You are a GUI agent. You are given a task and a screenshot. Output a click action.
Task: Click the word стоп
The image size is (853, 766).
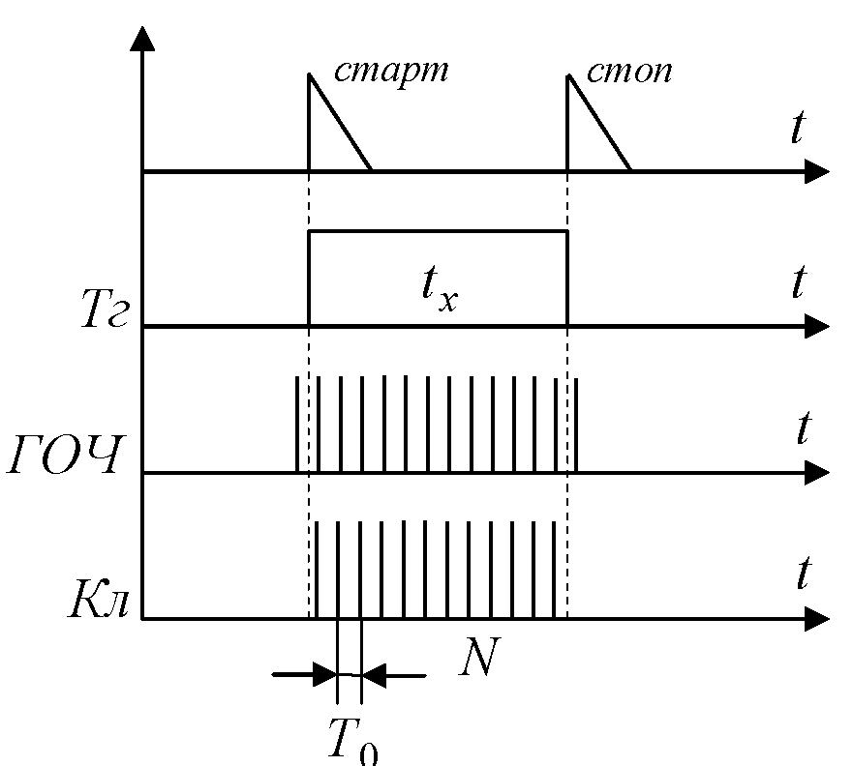629,72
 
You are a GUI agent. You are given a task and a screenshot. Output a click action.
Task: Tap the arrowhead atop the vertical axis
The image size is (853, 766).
142,40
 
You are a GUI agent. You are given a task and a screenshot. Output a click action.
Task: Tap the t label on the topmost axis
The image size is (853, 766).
797,131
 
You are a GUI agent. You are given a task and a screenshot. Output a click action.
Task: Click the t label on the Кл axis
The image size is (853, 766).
802,574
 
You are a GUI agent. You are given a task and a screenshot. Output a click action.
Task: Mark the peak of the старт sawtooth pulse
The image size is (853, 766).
309,74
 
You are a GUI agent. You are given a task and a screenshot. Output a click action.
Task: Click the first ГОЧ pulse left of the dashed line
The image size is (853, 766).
296,426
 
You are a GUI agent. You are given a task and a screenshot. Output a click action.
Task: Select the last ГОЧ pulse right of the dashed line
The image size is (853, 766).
576,426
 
